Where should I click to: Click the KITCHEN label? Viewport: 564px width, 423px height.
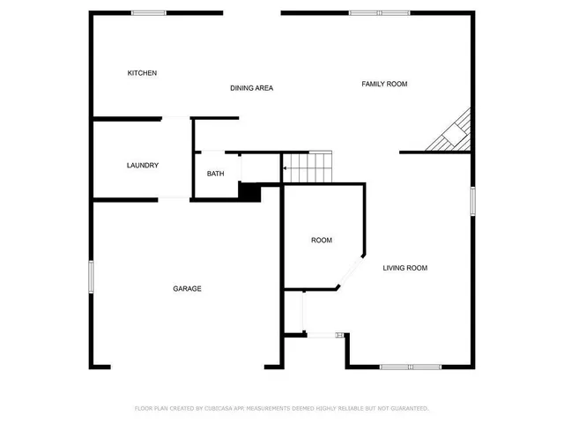click(142, 73)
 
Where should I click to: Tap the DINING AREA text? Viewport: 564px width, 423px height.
click(251, 88)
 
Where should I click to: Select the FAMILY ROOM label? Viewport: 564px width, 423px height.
click(384, 84)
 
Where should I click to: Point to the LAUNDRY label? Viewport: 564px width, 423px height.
click(142, 165)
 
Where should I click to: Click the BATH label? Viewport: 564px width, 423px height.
click(216, 174)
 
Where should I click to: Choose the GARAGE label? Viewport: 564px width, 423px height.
click(187, 288)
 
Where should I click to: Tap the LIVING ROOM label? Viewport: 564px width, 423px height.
click(404, 268)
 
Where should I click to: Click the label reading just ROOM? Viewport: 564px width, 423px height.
click(321, 241)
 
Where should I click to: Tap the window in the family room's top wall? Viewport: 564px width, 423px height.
click(367, 12)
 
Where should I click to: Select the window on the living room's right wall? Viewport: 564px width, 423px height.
click(473, 200)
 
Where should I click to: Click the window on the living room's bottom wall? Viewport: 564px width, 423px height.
click(411, 366)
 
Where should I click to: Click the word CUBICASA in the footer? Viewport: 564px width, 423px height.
click(220, 408)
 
